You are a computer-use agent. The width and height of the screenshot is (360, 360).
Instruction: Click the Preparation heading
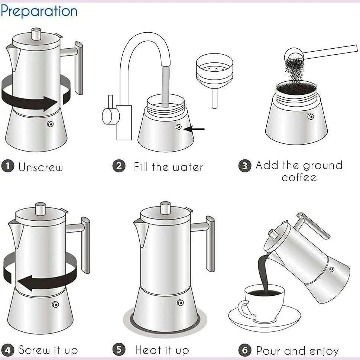click(39, 11)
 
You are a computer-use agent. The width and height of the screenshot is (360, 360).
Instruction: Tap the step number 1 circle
click(7, 166)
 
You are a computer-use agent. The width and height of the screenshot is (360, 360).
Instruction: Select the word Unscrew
click(41, 167)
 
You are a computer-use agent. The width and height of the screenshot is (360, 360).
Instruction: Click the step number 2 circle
click(119, 166)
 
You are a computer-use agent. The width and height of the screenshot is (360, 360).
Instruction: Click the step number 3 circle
click(244, 166)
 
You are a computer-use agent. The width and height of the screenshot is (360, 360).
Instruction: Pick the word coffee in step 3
click(299, 177)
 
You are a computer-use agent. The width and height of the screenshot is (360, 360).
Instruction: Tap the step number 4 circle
click(7, 350)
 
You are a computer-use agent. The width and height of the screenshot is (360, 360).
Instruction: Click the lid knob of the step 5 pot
click(165, 208)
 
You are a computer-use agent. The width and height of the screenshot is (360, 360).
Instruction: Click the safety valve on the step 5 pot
click(180, 302)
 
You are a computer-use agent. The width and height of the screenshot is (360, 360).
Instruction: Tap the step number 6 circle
click(244, 350)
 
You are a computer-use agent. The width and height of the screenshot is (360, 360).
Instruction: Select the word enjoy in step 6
click(322, 351)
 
